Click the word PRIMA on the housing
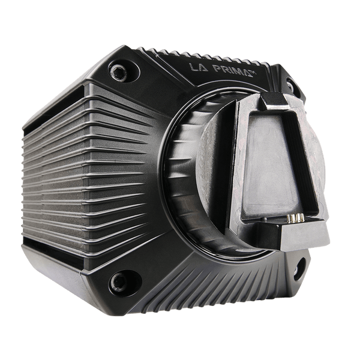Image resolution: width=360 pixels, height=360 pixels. pos(231,70)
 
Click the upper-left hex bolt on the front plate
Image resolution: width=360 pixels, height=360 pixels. pos(118,73)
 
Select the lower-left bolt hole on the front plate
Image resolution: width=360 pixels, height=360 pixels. pos(119,282)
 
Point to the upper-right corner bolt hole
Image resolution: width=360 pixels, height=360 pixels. pos(290,85)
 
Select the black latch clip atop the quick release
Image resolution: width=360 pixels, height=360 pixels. pos(275,101)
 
